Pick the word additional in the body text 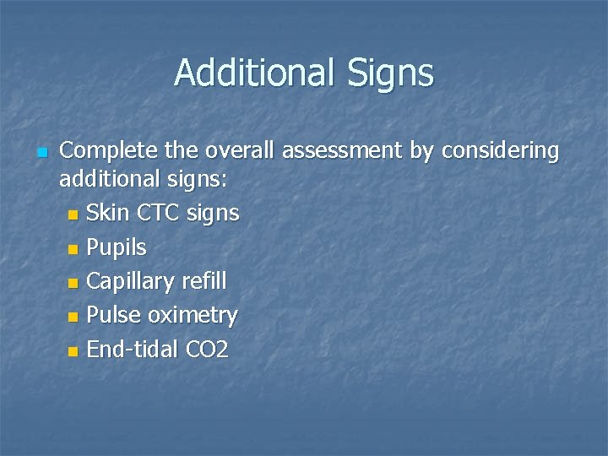pyautogui.click(x=107, y=180)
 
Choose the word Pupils pyautogui.click(x=117, y=248)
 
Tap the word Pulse pyautogui.click(x=113, y=316)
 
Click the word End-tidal pyautogui.click(x=133, y=350)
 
